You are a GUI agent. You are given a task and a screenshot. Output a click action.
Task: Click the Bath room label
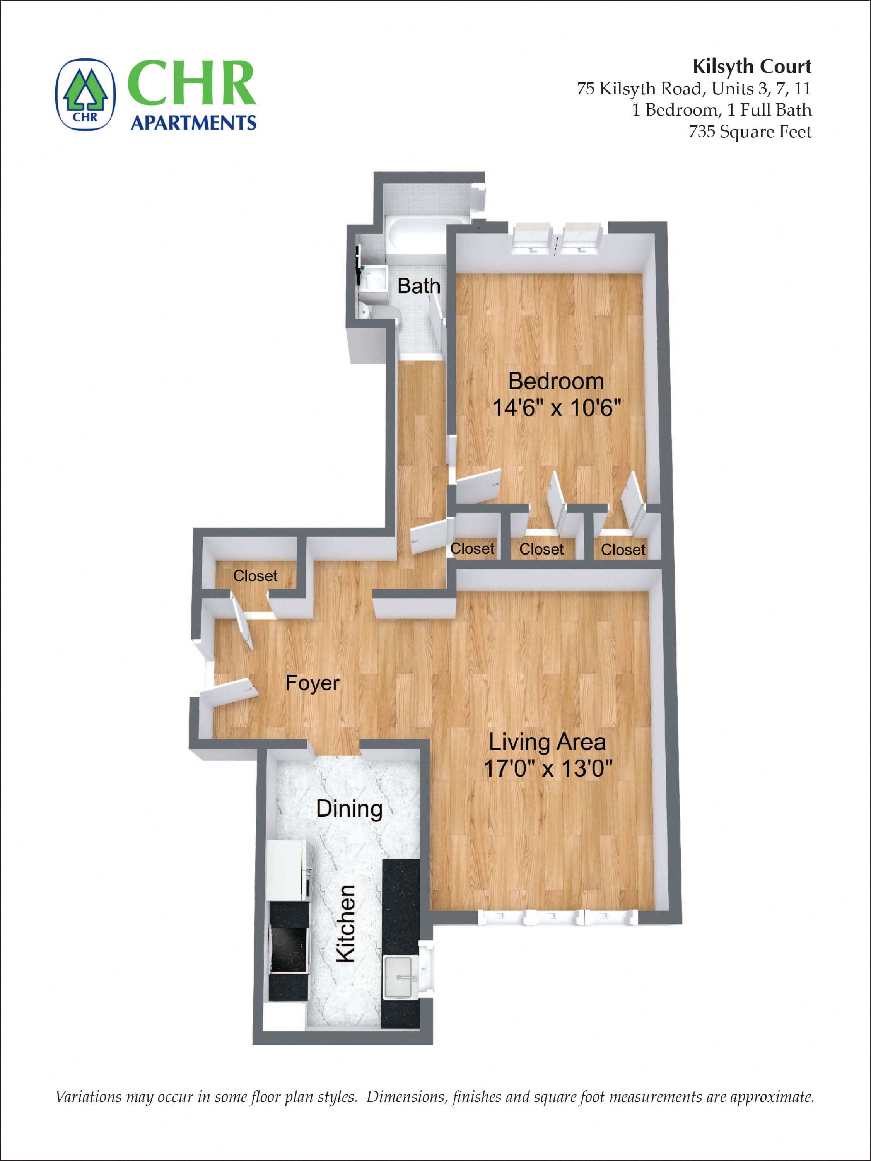(418, 286)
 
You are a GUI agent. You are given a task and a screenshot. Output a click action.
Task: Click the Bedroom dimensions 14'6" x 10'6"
(557, 407)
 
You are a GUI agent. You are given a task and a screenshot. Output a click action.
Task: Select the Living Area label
(547, 742)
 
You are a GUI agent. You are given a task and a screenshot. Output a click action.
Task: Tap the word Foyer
(313, 683)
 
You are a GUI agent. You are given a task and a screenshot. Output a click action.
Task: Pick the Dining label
(349, 809)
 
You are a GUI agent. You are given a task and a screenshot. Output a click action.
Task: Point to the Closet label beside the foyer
(255, 576)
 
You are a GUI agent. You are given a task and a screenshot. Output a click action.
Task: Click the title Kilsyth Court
(752, 67)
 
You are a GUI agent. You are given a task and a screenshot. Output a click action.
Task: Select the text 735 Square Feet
(750, 131)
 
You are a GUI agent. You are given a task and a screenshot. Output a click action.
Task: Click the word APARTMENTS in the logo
(193, 123)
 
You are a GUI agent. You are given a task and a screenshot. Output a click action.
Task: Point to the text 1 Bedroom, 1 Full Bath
(721, 110)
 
